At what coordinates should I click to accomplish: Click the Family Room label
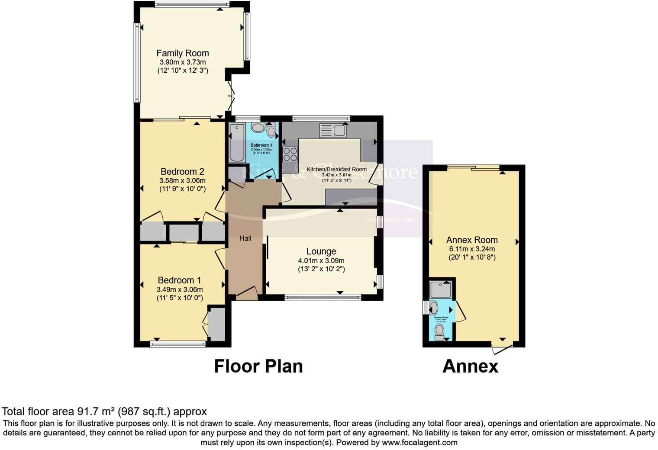click(182, 53)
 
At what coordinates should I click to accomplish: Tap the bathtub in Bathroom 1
click(237, 142)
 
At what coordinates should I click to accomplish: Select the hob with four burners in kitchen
click(290, 154)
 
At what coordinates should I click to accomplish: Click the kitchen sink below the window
click(332, 130)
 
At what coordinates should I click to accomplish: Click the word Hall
click(245, 238)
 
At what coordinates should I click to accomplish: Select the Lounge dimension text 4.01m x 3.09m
click(321, 260)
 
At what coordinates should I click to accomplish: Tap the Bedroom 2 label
click(182, 172)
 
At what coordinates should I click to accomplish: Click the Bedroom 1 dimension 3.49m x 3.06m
click(180, 289)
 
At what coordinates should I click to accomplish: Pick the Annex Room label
click(472, 240)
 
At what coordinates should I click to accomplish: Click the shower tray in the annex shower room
click(441, 289)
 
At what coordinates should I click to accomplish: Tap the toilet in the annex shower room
click(439, 331)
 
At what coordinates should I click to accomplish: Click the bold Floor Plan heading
click(258, 366)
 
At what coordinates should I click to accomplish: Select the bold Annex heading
click(470, 366)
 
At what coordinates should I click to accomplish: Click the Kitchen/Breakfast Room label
click(336, 169)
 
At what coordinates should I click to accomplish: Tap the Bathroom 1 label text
click(261, 145)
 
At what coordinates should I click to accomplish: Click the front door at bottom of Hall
click(247, 294)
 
